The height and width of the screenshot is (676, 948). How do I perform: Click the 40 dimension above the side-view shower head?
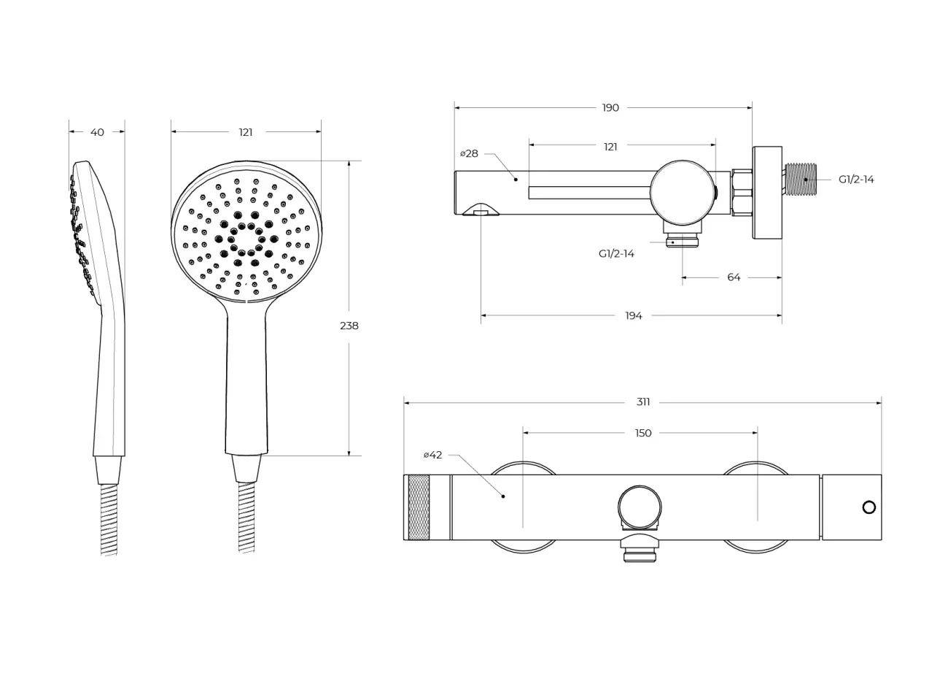tap(97, 132)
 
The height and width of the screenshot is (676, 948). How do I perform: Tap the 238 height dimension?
tap(349, 326)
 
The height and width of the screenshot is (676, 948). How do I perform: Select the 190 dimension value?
tap(610, 108)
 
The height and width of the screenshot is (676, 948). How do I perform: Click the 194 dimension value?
tap(634, 315)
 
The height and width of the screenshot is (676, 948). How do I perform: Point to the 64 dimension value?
tap(734, 277)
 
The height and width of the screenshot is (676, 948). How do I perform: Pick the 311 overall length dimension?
tap(643, 402)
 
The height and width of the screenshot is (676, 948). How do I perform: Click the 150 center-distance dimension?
tap(643, 434)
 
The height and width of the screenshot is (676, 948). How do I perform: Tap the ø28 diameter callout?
tap(469, 154)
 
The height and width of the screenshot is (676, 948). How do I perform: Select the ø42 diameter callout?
tap(432, 455)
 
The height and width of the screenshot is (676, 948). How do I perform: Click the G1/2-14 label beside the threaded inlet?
tap(856, 180)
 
